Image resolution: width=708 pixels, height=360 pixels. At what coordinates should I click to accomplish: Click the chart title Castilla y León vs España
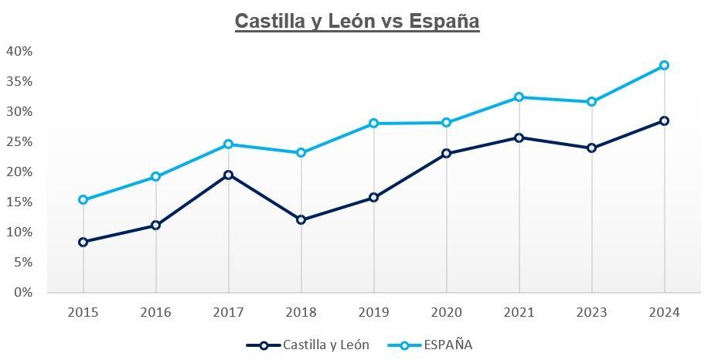pyautogui.click(x=357, y=21)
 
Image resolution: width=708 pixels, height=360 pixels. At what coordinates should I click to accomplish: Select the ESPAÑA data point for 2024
pyautogui.click(x=664, y=66)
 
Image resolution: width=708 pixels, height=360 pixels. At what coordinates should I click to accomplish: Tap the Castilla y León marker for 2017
pyautogui.click(x=228, y=175)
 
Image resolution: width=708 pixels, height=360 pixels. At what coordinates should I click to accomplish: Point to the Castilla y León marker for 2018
pyautogui.click(x=301, y=220)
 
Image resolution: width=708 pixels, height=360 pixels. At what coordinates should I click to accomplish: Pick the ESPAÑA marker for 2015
pyautogui.click(x=83, y=200)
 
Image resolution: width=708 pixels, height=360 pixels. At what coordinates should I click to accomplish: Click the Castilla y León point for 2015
pyautogui.click(x=83, y=242)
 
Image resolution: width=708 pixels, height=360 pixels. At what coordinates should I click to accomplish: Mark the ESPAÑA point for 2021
pyautogui.click(x=519, y=97)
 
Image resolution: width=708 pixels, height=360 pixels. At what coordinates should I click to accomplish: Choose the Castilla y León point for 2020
pyautogui.click(x=446, y=154)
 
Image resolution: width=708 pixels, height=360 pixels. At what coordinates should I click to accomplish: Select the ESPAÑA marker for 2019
pyautogui.click(x=373, y=124)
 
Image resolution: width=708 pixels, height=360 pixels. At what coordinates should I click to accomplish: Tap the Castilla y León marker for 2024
pyautogui.click(x=664, y=121)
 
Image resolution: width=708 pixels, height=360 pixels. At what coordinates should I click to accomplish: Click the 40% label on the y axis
pyautogui.click(x=19, y=51)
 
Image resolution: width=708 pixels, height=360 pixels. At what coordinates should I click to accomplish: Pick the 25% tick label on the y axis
pyautogui.click(x=19, y=141)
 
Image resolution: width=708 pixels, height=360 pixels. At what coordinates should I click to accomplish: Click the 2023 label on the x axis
pyautogui.click(x=591, y=312)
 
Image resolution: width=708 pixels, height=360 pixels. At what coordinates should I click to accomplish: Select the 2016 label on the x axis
pyautogui.click(x=155, y=312)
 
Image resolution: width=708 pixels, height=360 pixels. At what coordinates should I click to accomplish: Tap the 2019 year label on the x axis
pyautogui.click(x=373, y=312)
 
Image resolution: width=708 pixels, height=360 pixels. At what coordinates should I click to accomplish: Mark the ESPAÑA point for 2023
pyautogui.click(x=591, y=102)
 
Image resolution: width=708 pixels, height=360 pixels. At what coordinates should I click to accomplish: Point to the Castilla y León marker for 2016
pyautogui.click(x=155, y=226)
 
